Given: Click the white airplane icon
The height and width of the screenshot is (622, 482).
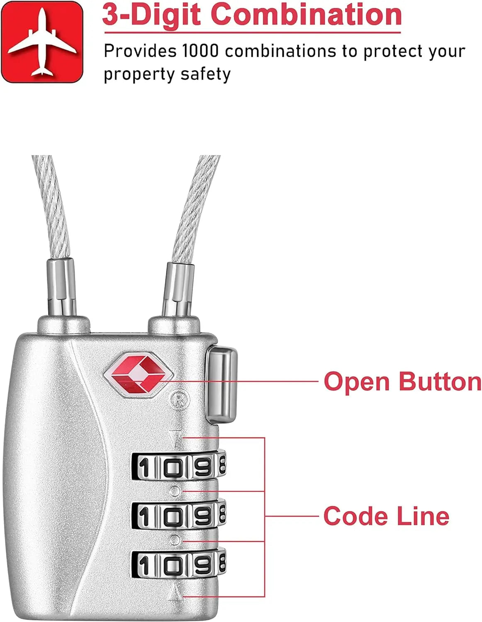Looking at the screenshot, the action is tap(42, 42).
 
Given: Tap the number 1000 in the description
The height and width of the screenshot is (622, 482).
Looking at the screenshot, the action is tap(200, 51).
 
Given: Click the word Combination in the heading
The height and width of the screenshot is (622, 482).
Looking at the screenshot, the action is tap(306, 15).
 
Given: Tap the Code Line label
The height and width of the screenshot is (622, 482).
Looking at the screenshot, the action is tap(386, 516).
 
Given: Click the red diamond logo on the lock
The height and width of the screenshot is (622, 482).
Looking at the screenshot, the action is tap(139, 375).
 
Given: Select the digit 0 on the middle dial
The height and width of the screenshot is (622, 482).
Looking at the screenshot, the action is tap(173, 516).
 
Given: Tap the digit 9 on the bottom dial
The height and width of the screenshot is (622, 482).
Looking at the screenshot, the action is tap(203, 565).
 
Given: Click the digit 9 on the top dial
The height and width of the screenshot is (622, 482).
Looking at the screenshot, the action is tap(203, 468).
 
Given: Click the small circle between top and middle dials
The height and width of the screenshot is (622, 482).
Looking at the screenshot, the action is tap(175, 491).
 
